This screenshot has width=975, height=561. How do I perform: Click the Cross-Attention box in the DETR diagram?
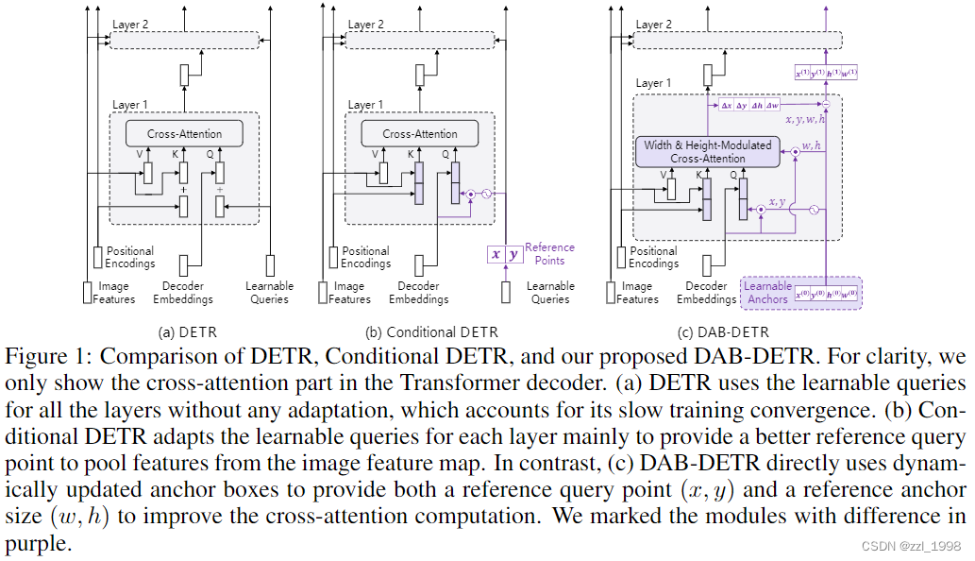click(184, 134)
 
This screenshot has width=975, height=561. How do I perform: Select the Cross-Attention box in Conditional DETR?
click(420, 134)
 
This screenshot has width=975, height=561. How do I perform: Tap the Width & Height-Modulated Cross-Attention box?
click(707, 151)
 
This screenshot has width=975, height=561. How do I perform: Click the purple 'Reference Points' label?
click(549, 253)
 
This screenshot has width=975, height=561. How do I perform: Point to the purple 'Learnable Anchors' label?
click(767, 292)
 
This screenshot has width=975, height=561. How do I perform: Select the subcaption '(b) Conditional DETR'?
click(431, 331)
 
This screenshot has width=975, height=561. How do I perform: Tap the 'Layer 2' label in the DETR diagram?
click(129, 25)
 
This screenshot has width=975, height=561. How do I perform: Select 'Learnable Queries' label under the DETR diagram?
click(269, 292)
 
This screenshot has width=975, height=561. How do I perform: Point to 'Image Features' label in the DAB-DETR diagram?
click(638, 292)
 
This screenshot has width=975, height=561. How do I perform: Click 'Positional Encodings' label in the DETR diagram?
click(129, 257)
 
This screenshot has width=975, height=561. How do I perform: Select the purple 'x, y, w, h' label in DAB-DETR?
click(805, 121)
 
